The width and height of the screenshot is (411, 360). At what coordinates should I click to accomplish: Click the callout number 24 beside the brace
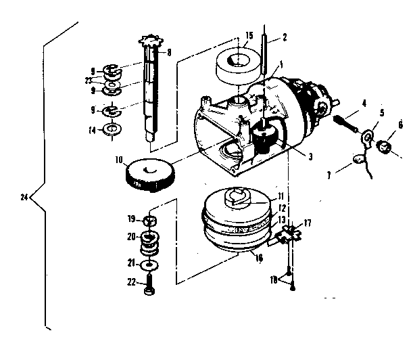coord(25,198)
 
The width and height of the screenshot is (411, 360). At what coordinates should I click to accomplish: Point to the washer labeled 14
coord(112,128)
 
